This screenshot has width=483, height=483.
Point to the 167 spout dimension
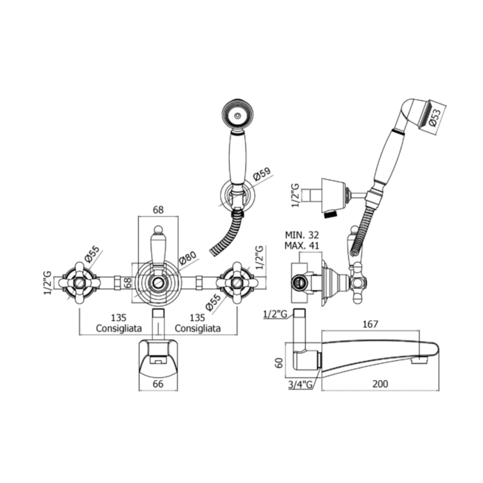(370, 324)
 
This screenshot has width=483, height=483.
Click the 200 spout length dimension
(380, 384)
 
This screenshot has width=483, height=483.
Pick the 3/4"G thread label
(300, 385)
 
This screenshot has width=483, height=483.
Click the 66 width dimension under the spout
(158, 384)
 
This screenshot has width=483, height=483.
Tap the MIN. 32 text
(302, 234)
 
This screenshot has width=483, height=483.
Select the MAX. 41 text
(302, 246)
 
